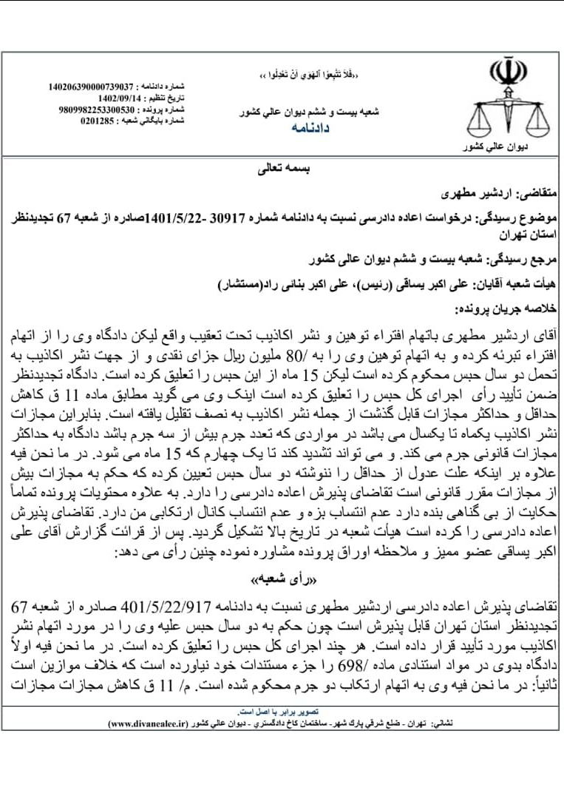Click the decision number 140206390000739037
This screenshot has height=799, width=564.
92,87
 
